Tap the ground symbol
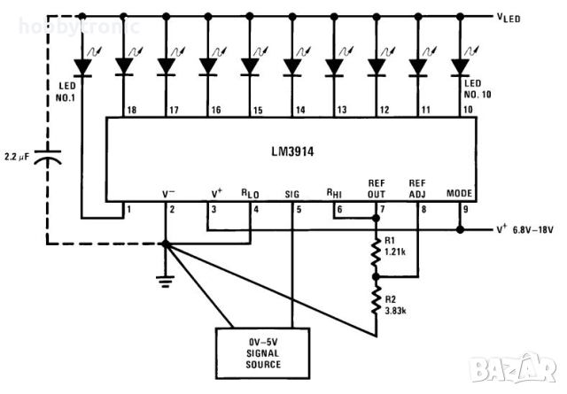pyautogui.click(x=165, y=280)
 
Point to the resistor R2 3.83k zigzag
pyautogui.click(x=376, y=302)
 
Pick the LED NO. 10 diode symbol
pyautogui.click(x=460, y=66)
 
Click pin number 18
pyautogui.click(x=131, y=110)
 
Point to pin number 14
pyautogui.click(x=299, y=110)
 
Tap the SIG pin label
pyautogui.click(x=292, y=192)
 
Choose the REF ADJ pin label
pyautogui.click(x=418, y=186)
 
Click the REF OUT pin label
pyautogui.click(x=377, y=186)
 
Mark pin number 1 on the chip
pyautogui.click(x=130, y=210)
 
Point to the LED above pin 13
pyautogui.click(x=334, y=66)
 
